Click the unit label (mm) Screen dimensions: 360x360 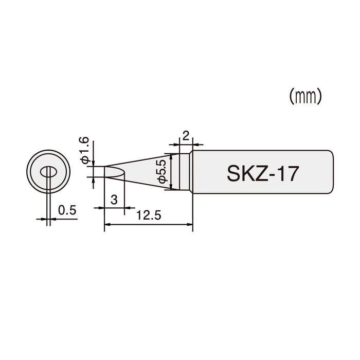pyautogui.click(x=305, y=96)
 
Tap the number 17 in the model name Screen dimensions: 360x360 pyautogui.click(x=287, y=173)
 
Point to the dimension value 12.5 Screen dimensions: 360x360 pyautogui.click(x=148, y=216)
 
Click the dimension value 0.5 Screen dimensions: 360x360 pyautogui.click(x=67, y=210)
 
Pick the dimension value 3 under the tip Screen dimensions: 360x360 pyautogui.click(x=114, y=200)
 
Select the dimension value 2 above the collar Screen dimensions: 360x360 pyautogui.click(x=186, y=137)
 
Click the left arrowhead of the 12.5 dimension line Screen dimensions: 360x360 pyautogui.click(x=107, y=224)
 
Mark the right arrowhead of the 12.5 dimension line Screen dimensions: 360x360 pyautogui.click(x=190, y=224)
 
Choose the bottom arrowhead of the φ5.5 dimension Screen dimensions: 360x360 pyautogui.click(x=172, y=187)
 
